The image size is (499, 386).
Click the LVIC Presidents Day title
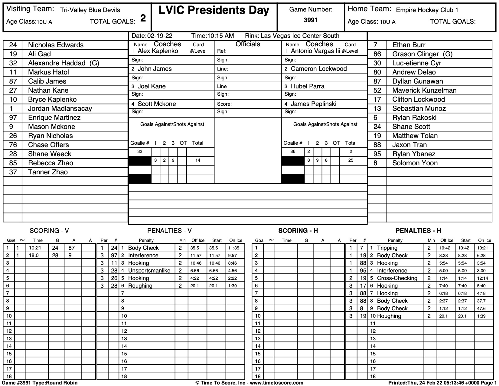tap(214, 11)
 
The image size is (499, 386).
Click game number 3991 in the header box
tap(310, 20)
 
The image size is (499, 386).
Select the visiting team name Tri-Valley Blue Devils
tap(90, 10)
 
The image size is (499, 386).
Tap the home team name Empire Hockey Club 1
tap(427, 10)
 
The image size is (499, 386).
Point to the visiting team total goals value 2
tap(143, 19)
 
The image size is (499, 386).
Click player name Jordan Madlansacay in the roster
tap(60, 108)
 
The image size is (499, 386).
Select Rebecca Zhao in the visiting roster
tap(51, 163)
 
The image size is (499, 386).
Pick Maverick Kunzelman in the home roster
tap(424, 90)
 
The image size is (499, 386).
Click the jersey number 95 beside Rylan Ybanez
tap(377, 154)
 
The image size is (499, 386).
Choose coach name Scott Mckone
tap(157, 104)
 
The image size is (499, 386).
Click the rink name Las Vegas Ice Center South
tap(300, 36)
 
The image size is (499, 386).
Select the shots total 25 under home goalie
tap(351, 160)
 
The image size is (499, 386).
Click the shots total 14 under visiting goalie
tap(197, 160)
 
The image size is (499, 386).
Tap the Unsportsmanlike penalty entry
tap(149, 271)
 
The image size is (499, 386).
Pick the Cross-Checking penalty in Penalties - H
tap(397, 278)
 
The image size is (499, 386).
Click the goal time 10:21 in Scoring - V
tap(34, 248)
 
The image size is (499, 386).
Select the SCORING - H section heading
tap(298, 231)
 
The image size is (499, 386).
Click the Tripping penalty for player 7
tap(387, 248)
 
